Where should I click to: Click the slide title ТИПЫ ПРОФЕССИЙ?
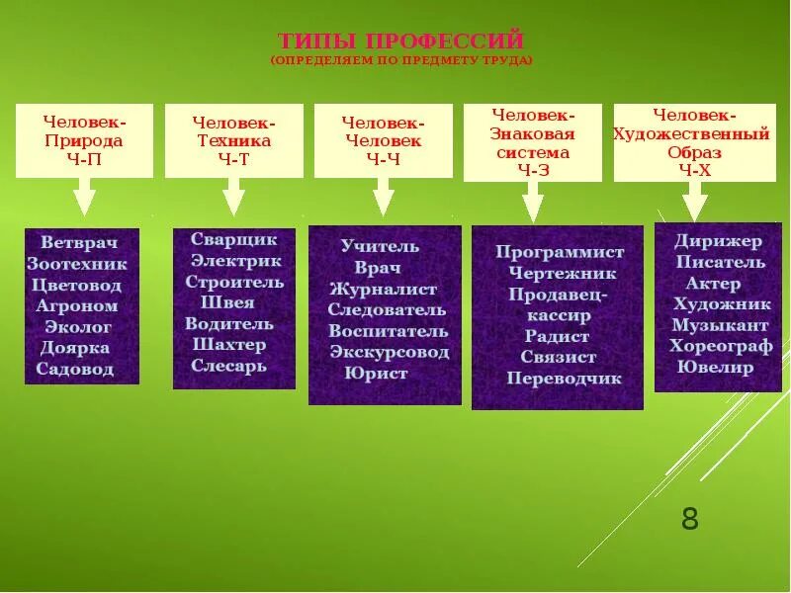tap(400, 42)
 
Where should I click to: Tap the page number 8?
tap(689, 519)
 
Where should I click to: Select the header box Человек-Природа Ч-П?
tap(84, 139)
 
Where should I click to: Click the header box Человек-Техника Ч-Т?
tap(233, 139)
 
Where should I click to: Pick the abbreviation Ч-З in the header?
tap(531, 170)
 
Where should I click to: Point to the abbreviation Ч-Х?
tap(693, 170)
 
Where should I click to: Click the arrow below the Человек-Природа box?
tap(85, 199)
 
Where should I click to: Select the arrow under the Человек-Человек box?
tap(383, 199)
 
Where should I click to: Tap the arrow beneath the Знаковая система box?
tap(532, 202)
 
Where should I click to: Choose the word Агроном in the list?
tap(77, 306)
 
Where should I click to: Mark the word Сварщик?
tap(234, 239)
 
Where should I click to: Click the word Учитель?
tap(381, 246)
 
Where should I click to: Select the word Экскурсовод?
tap(389, 352)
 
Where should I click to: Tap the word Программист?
tap(560, 252)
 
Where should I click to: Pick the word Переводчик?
tap(564, 379)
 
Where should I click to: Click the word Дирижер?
tap(719, 240)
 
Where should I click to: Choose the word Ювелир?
tap(715, 368)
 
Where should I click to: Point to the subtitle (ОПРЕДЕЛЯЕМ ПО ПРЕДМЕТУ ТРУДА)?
tap(400, 60)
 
